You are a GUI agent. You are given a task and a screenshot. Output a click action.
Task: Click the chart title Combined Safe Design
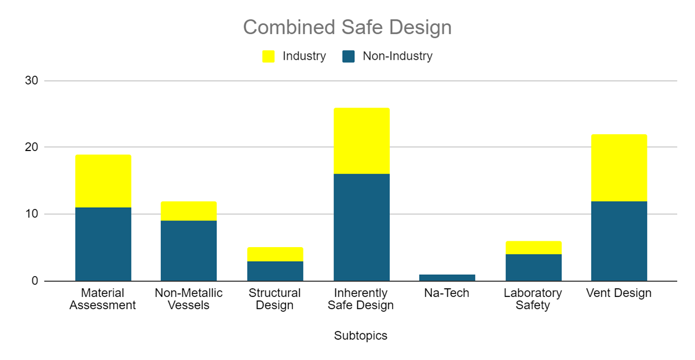347,27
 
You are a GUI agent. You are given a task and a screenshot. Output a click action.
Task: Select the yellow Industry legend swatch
268,57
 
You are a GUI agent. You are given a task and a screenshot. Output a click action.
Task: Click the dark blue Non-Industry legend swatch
349,57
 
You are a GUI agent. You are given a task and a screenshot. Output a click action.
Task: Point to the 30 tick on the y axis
32,80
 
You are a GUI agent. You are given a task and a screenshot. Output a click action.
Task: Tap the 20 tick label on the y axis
32,147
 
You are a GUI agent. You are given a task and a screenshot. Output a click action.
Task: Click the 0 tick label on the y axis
35,281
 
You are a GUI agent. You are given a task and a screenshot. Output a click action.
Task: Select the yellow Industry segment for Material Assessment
103,181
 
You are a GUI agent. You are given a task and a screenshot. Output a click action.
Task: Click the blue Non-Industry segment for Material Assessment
103,244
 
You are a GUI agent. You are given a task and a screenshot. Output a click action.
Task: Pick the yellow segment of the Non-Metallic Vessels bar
189,211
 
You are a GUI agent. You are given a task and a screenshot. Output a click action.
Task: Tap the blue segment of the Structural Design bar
275,271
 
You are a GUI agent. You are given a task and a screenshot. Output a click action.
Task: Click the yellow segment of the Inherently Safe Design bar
362,141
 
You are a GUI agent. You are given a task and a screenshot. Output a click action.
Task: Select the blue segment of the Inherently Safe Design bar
362,227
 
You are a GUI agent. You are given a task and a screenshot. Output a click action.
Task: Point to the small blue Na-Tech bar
447,278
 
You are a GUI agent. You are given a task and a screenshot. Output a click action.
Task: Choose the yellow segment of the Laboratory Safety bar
533,248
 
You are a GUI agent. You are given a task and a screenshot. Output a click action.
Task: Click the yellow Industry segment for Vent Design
619,168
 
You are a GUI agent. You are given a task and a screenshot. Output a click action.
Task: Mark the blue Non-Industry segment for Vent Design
619,241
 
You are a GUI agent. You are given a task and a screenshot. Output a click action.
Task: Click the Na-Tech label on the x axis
447,293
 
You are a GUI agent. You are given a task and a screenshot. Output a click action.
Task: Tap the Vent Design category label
619,293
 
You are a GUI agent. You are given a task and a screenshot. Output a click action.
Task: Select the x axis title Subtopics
360,336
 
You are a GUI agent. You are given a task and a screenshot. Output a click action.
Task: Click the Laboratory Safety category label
533,299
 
